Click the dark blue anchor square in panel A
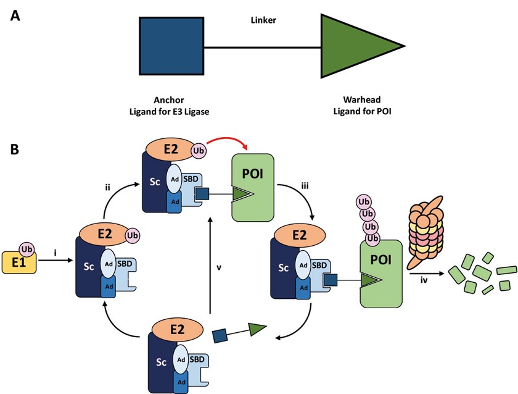click(171, 46)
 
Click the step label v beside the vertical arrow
click(218, 267)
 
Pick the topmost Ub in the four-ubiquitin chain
click(363, 203)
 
